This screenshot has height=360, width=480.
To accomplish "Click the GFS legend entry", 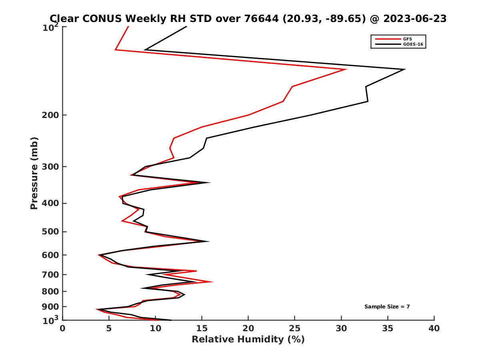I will coord(408,39).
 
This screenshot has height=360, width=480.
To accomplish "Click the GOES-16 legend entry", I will coord(412,44).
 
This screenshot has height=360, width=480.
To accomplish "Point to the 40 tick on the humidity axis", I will coord(434,329).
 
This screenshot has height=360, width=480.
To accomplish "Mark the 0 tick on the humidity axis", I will coord(63,329).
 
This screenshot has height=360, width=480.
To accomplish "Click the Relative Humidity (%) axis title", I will coord(248,340).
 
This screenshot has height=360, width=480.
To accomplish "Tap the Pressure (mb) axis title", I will coord(34,173).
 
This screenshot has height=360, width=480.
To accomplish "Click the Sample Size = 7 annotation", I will coord(387,307).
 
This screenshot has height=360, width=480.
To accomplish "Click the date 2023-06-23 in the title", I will coord(414,18).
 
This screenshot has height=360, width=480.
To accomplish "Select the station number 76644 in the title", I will coord(262,18).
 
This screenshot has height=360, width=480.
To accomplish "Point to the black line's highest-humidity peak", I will coord(404,70).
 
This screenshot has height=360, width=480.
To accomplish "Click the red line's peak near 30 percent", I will coord(346,70).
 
